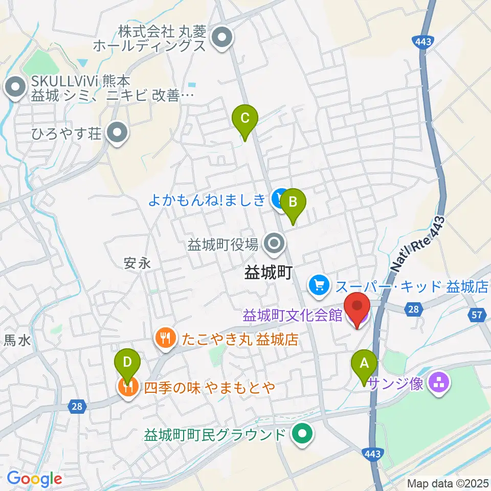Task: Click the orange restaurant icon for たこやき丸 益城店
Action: pyautogui.click(x=165, y=338)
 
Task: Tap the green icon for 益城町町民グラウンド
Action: pyautogui.click(x=302, y=435)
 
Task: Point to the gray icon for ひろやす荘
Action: pyautogui.click(x=118, y=135)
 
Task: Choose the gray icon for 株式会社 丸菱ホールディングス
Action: pyautogui.click(x=222, y=38)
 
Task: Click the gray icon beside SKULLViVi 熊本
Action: pyautogui.click(x=15, y=87)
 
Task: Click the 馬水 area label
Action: pyautogui.click(x=17, y=340)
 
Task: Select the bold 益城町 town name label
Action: pyautogui.click(x=267, y=273)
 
